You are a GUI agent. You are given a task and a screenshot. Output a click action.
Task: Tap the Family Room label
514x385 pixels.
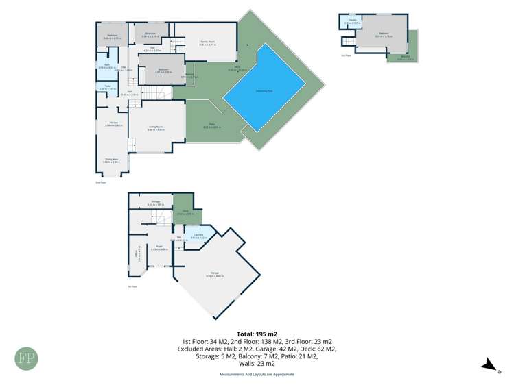(x=208, y=43)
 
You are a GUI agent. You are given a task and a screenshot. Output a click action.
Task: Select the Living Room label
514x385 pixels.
(x=156, y=127)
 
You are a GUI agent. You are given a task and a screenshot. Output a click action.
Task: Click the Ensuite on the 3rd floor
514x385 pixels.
(x=351, y=23)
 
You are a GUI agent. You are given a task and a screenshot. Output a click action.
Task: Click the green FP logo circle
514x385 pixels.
(x=27, y=359)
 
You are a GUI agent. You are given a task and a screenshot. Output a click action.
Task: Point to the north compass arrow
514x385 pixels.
(x=489, y=365)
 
